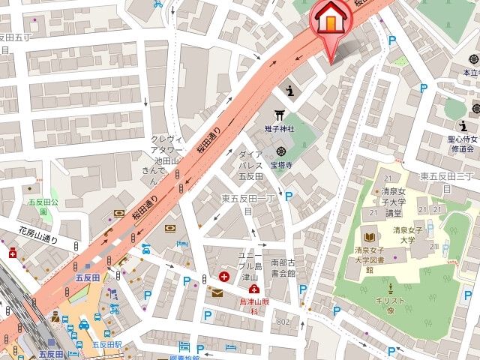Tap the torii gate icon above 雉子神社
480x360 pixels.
coord(280,114)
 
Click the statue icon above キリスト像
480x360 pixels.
coord(391,287)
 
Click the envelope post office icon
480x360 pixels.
coord(217,292)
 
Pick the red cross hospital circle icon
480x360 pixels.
coord(223,277)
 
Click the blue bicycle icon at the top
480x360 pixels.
coord(158,4)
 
